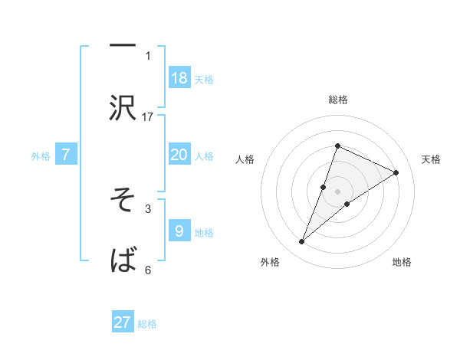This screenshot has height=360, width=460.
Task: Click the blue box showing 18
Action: tap(179, 78)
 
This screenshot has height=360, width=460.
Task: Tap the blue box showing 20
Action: tap(179, 155)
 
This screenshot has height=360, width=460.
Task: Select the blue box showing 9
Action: tap(179, 231)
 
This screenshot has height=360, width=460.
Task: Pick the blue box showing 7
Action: tap(67, 155)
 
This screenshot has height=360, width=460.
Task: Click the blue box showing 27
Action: tap(123, 322)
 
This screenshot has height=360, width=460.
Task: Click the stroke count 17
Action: tap(148, 117)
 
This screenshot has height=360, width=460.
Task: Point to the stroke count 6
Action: tap(148, 270)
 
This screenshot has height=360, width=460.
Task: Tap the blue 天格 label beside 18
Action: tap(203, 79)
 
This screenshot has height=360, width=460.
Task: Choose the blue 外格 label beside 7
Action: tap(41, 155)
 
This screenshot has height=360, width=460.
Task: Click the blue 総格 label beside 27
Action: tap(147, 323)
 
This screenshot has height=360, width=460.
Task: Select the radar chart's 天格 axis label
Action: tap(431, 159)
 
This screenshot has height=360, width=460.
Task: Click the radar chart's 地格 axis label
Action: tap(402, 262)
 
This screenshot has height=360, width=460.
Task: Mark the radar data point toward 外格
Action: tap(301, 242)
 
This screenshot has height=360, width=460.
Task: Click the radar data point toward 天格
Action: tap(396, 172)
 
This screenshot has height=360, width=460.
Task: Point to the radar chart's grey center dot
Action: tap(338, 191)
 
